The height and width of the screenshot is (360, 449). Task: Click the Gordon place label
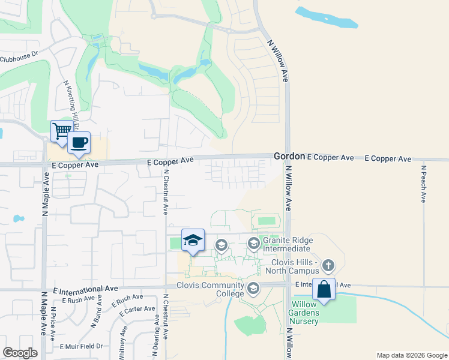(x=289, y=155)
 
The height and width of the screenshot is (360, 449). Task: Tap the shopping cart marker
(x=61, y=131)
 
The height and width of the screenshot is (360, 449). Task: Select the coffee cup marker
(x=79, y=143)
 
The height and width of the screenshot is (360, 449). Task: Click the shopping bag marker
(x=324, y=289)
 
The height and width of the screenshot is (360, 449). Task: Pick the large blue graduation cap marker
(x=193, y=241)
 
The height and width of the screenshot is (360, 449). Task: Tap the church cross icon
(x=328, y=265)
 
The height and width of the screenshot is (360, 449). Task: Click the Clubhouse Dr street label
(x=19, y=59)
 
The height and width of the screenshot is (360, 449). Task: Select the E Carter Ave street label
(x=138, y=310)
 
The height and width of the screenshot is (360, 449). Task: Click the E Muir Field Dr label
(x=81, y=346)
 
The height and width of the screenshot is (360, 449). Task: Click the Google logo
(x=20, y=353)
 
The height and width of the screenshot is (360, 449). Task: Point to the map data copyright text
(x=411, y=355)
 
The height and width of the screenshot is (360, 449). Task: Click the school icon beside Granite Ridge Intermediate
(x=253, y=243)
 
